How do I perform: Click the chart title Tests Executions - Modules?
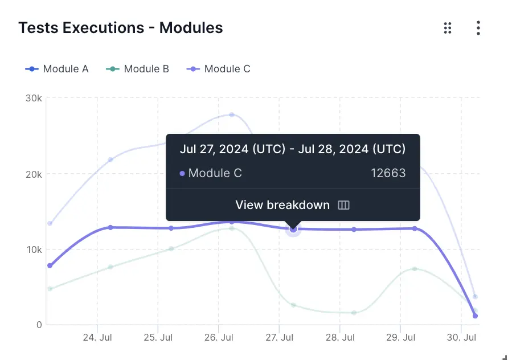click(x=120, y=27)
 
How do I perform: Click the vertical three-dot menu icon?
click(x=478, y=28)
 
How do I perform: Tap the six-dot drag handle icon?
click(x=448, y=28)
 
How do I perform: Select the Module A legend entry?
click(x=57, y=69)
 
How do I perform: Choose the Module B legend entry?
click(x=138, y=69)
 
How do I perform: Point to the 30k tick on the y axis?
click(x=34, y=98)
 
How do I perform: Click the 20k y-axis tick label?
click(x=34, y=174)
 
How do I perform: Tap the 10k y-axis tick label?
click(x=34, y=249)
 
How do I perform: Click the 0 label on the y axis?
click(x=39, y=325)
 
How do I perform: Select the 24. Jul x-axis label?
click(x=97, y=338)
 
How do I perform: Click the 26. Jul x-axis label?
click(x=219, y=338)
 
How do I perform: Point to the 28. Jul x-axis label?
click(x=339, y=338)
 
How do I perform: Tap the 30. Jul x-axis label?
click(x=461, y=338)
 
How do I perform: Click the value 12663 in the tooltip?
click(x=388, y=173)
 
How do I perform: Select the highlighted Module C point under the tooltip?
click(x=293, y=228)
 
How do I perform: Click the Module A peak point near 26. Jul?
click(x=232, y=114)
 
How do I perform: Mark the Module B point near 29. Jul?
click(x=415, y=269)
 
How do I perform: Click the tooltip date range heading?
click(x=293, y=149)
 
